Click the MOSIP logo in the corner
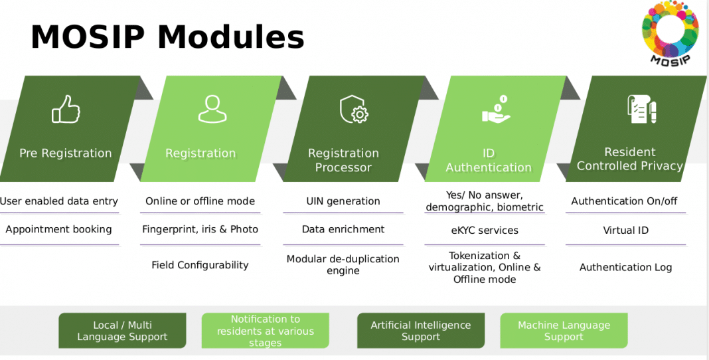tap(669, 33)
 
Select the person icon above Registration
tap(212, 109)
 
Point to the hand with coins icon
tap(496, 110)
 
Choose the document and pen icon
tap(641, 109)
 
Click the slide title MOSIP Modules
tap(167, 37)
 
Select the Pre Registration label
tap(65, 153)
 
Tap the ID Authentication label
tap(489, 160)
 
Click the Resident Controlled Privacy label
tap(629, 159)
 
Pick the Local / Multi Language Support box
tap(122, 331)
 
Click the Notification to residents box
tap(265, 331)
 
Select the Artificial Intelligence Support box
tap(420, 331)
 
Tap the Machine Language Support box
tap(563, 331)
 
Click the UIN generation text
tap(343, 201)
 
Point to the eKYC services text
tap(485, 230)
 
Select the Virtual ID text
tap(625, 230)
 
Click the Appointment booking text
tap(58, 229)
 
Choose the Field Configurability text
tap(200, 265)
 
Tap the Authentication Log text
tap(625, 267)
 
